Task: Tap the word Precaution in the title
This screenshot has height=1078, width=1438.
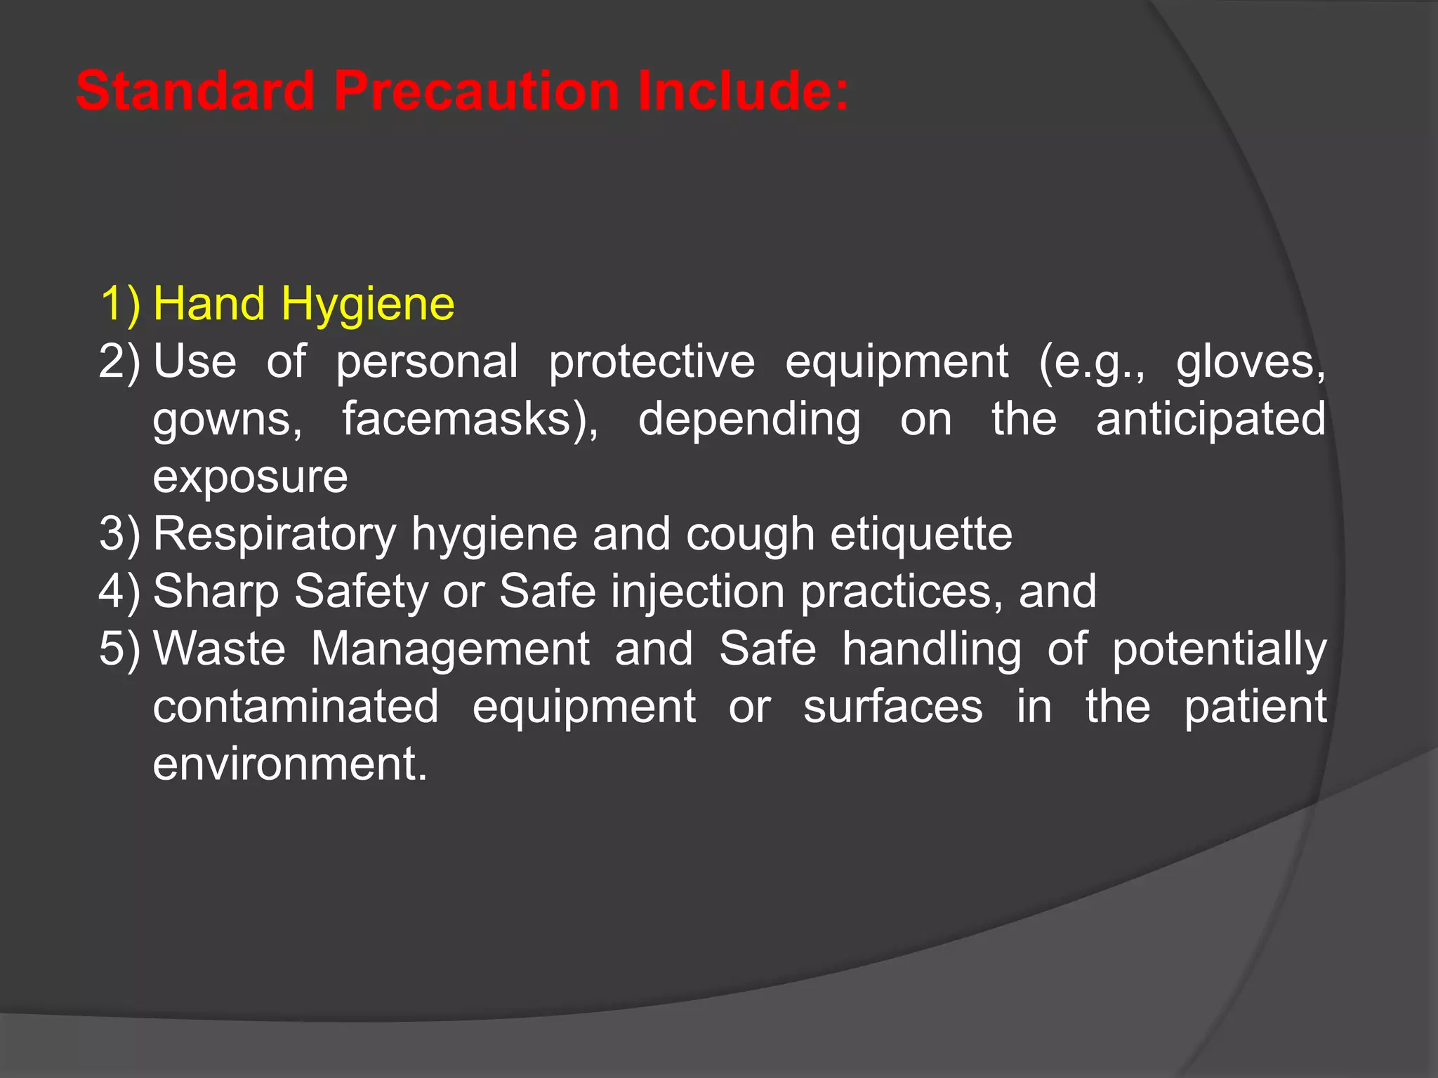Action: (476, 91)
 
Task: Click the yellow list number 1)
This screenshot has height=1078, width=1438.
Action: (120, 305)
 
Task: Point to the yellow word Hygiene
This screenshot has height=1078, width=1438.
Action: (367, 305)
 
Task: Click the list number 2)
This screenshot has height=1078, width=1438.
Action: (120, 362)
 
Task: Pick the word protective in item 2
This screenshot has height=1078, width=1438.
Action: (651, 362)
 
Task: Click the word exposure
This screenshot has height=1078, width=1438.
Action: (250, 477)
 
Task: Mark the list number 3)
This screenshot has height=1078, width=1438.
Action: (120, 535)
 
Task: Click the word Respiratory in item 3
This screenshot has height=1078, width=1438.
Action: (275, 535)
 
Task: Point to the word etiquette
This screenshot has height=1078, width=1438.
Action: (921, 535)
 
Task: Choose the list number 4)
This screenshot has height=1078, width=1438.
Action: (120, 592)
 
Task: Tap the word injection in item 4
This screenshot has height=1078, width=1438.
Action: (697, 592)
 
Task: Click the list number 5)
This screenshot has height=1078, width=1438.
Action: (120, 649)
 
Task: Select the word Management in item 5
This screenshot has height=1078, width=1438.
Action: (449, 649)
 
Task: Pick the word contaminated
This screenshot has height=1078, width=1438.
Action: (296, 707)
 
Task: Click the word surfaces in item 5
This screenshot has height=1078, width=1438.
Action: (892, 707)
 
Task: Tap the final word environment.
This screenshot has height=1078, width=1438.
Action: (289, 764)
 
